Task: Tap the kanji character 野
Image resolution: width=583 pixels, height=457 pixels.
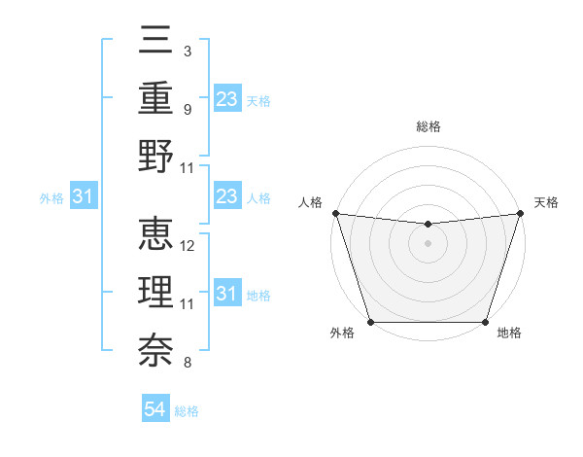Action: (154, 158)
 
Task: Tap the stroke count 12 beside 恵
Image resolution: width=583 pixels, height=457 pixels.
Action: (189, 246)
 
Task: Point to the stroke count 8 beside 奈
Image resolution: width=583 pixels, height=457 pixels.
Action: (187, 364)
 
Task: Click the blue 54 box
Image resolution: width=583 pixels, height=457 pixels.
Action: (155, 410)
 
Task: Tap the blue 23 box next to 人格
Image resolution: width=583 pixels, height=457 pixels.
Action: (226, 197)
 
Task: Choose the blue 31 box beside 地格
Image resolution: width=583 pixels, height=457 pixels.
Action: (226, 294)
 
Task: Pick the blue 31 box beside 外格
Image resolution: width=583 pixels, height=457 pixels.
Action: (84, 197)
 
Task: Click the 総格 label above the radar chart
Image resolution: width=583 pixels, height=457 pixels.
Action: (428, 126)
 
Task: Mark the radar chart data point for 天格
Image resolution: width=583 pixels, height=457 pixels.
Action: (520, 213)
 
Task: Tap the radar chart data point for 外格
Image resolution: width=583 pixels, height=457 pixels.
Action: (371, 322)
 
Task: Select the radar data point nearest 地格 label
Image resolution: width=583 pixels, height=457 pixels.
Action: (485, 322)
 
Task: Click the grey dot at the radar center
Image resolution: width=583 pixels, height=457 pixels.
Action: (428, 243)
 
